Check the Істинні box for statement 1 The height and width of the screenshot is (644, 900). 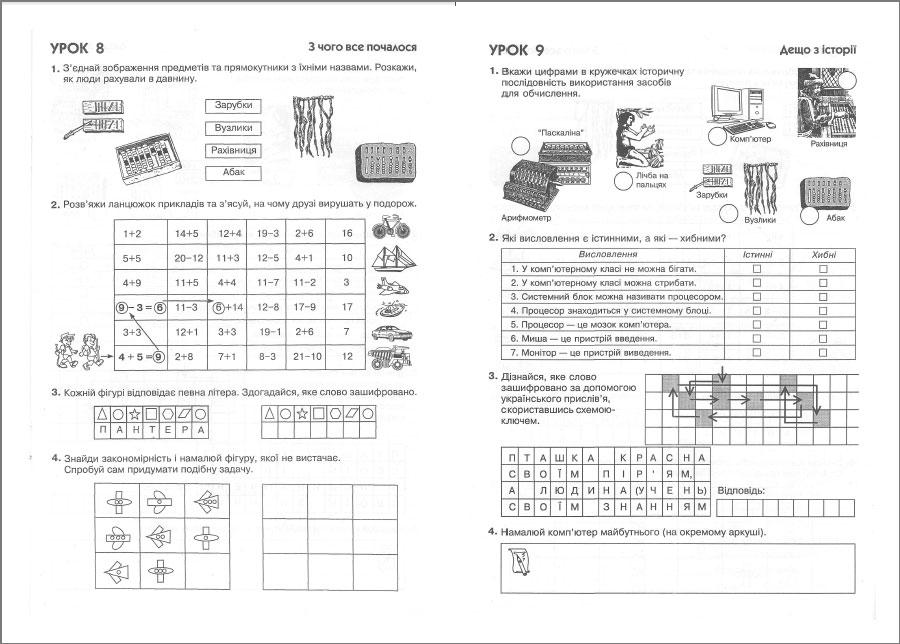point(757,269)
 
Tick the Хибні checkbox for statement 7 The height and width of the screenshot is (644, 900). point(824,353)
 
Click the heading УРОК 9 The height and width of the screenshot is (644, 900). point(516,49)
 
